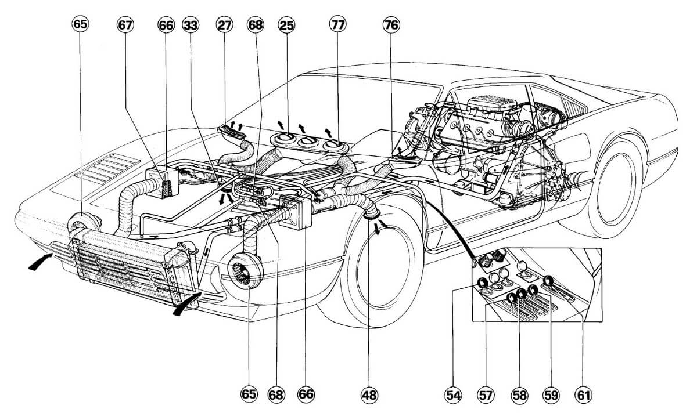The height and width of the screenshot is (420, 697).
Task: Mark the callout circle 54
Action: (x=453, y=395)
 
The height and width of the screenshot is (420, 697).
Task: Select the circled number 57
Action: (x=486, y=395)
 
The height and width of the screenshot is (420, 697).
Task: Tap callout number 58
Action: (x=519, y=395)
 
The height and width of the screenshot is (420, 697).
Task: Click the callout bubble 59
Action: (x=551, y=395)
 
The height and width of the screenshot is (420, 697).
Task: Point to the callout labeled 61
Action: (x=583, y=395)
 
